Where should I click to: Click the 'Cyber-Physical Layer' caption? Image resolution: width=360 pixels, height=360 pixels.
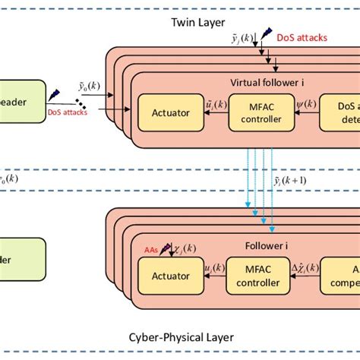pyautogui.click(x=182, y=336)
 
